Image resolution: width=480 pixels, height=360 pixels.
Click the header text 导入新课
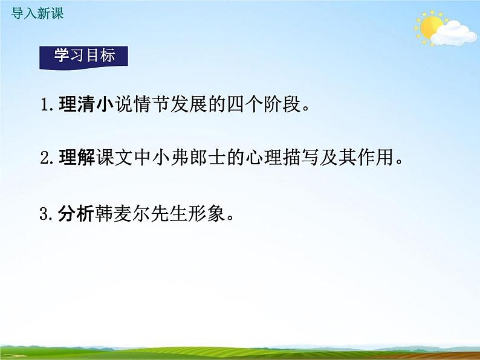tap(37, 13)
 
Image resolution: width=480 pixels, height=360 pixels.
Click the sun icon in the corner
tap(430, 27)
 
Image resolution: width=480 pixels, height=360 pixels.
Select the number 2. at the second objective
tap(48, 159)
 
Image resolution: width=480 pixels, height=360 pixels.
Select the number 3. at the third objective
tap(48, 214)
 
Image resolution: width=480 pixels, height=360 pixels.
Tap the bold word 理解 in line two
tap(76, 159)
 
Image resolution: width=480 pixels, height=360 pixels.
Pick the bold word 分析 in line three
tap(76, 213)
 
